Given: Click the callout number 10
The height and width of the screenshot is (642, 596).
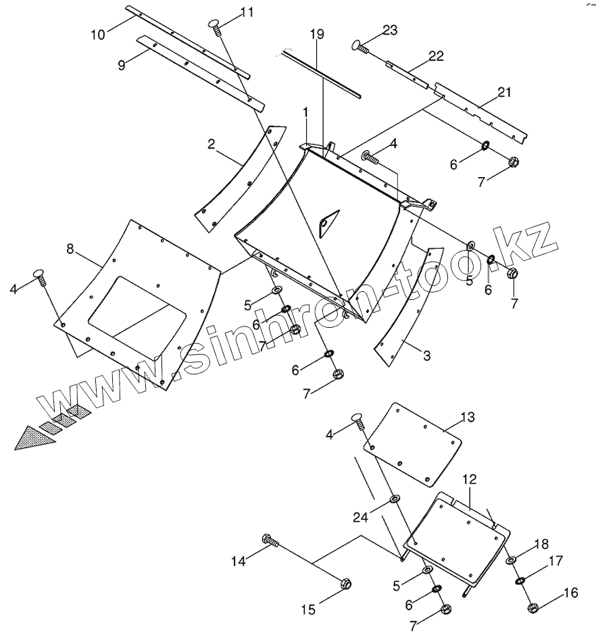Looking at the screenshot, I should [98, 34].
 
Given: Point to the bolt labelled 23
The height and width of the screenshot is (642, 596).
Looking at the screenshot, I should [359, 46].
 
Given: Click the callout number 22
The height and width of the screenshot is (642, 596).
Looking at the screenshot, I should [436, 56].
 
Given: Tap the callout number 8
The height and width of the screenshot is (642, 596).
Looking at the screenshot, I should [70, 249].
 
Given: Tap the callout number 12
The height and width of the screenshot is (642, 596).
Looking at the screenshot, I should [470, 479].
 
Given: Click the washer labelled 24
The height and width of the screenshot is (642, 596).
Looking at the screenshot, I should [394, 500].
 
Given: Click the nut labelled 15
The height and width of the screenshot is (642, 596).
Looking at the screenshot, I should [344, 583].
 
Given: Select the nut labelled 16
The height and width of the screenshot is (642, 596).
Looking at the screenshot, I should [531, 607].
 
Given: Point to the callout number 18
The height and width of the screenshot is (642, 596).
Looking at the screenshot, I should [541, 544].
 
